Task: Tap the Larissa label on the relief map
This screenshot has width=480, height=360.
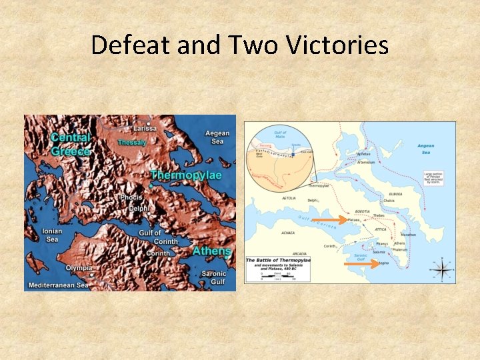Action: click(x=144, y=128)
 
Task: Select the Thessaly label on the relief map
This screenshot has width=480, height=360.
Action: click(x=131, y=142)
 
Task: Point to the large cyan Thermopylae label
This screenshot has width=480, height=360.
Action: click(x=185, y=175)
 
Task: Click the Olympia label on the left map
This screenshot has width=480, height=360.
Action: click(x=79, y=267)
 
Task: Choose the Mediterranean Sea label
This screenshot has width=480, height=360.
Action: click(x=57, y=285)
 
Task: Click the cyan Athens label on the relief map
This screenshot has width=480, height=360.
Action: click(x=211, y=251)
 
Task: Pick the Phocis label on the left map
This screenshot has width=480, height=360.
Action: click(x=131, y=197)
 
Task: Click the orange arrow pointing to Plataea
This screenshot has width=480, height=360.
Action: click(x=329, y=219)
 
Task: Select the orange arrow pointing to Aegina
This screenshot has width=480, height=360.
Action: click(x=360, y=264)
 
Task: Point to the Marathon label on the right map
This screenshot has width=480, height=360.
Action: click(x=408, y=234)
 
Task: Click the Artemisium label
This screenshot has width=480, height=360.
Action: click(x=366, y=162)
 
